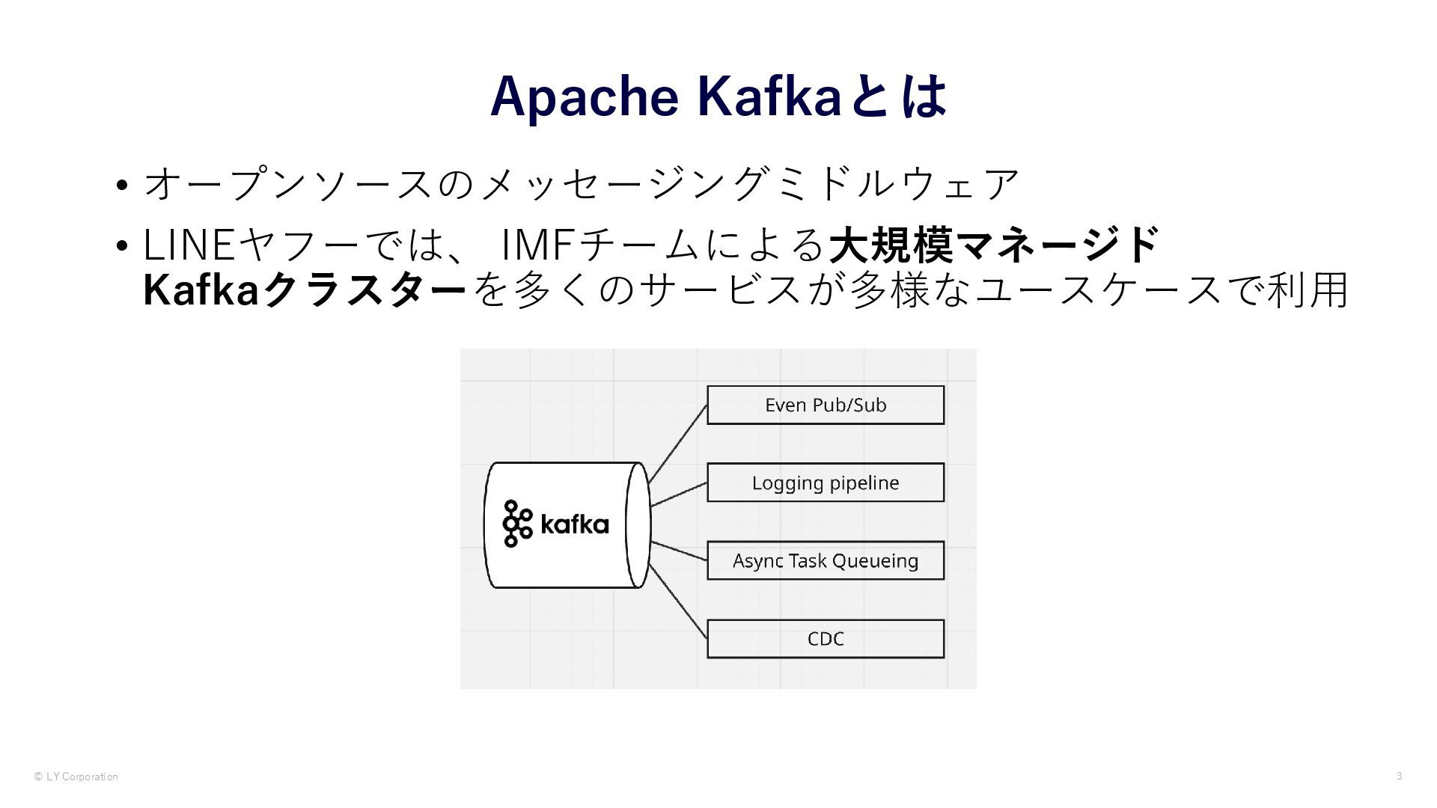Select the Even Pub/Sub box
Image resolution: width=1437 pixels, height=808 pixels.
[x=826, y=405]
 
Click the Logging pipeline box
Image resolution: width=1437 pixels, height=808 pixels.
[x=826, y=483]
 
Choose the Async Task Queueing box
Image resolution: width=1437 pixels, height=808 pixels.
[x=826, y=560]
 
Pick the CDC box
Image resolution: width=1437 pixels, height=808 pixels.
[x=826, y=639]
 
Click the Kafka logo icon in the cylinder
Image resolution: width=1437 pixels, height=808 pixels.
[x=517, y=524]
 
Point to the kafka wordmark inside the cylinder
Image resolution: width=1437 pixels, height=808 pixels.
[x=575, y=524]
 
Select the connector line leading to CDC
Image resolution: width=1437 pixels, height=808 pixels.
[x=678, y=602]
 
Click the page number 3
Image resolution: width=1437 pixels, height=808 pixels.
[x=1399, y=776]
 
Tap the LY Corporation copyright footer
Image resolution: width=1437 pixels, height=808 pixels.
[x=76, y=777]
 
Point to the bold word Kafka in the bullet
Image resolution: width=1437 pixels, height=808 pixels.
[x=201, y=290]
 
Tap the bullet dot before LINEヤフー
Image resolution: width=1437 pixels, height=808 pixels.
[x=123, y=246]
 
